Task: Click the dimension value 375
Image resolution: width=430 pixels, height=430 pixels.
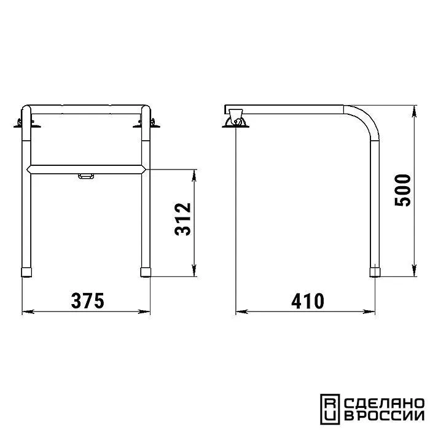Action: pos(87,301)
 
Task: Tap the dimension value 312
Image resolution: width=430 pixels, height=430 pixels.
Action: pos(183,219)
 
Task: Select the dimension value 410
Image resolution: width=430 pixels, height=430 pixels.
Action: pos(308,301)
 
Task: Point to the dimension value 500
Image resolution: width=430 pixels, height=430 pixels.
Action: pos(402,190)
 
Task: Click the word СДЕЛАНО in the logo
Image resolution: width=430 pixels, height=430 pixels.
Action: pos(384,404)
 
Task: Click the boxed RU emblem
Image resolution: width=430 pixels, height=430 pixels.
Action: pos(330,410)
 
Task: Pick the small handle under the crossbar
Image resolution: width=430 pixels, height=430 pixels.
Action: pos(86,176)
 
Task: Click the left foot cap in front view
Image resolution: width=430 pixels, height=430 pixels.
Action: pos(26,272)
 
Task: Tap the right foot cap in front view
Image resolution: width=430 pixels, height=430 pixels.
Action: pos(146,272)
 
